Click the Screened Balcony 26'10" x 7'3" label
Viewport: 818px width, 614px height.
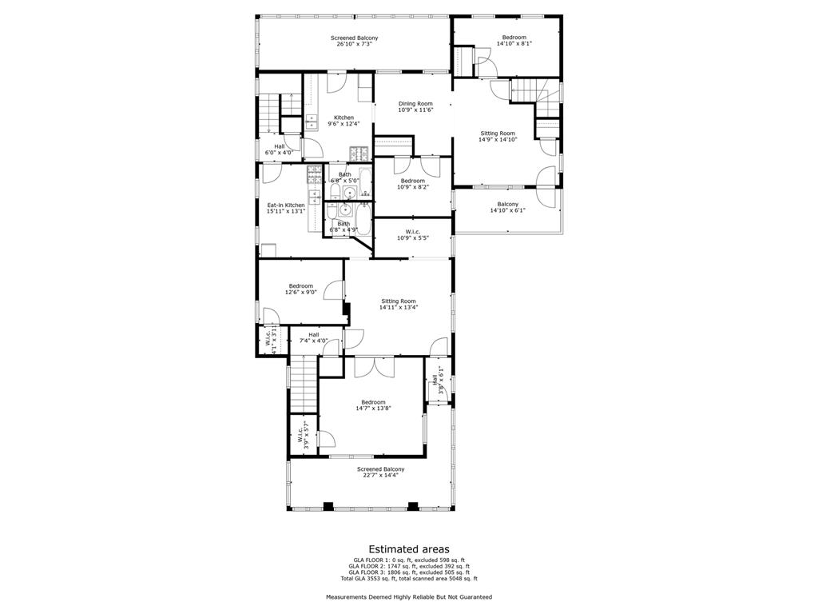[x=354, y=41]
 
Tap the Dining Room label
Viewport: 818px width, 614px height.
[x=415, y=106]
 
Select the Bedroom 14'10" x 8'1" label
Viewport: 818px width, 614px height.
[x=514, y=41]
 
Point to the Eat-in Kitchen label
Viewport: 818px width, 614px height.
[x=285, y=208]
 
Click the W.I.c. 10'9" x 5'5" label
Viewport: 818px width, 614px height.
[x=412, y=236]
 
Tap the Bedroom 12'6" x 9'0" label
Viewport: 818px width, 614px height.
[x=301, y=289]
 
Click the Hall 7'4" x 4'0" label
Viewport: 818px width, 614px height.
[x=314, y=337]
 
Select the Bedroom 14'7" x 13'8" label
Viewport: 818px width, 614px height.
[x=373, y=405]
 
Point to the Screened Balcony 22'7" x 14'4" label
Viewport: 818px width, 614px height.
[x=380, y=472]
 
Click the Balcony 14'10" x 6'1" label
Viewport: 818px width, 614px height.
[x=507, y=207]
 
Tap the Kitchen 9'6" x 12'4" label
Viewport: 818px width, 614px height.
[x=343, y=121]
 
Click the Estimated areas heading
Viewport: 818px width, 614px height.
[x=408, y=549]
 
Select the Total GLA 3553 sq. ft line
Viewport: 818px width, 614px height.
[x=408, y=578]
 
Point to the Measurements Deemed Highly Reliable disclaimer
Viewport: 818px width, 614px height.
[x=408, y=597]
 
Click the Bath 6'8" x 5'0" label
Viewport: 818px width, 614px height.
[x=344, y=177]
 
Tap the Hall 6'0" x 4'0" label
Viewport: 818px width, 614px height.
[x=279, y=149]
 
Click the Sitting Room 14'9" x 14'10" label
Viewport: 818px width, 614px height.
[x=498, y=136]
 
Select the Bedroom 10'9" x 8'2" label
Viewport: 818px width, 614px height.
[x=412, y=184]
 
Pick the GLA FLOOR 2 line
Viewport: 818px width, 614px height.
[x=408, y=565]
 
